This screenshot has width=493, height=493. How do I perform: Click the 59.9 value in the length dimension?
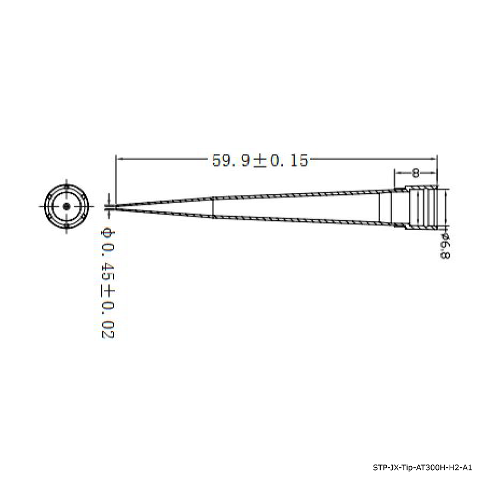[231, 160]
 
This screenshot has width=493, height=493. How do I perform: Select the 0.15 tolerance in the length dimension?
[288, 160]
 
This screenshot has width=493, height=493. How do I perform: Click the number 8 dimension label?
[415, 174]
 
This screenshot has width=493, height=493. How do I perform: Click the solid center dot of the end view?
[66, 207]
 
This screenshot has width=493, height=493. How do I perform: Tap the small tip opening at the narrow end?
[116, 207]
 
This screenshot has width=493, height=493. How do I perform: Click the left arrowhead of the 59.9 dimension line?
[119, 159]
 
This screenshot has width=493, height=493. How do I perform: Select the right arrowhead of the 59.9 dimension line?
[434, 159]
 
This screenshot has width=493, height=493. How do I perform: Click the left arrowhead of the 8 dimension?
[397, 173]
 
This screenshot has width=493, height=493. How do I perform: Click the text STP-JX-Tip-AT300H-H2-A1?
[422, 468]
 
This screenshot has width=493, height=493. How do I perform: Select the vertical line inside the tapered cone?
[213, 207]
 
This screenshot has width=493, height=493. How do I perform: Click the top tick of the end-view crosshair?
[66, 182]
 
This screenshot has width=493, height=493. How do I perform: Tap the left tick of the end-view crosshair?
[43, 207]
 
